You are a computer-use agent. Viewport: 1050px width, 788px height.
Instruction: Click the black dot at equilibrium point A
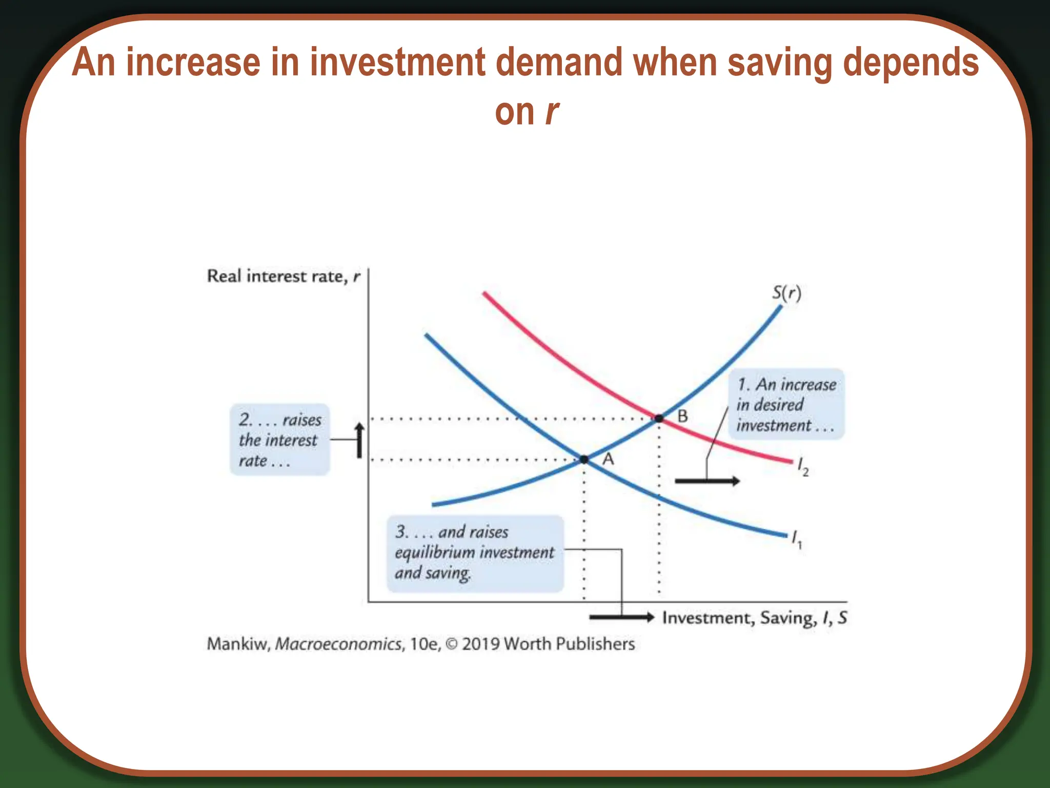coord(584,459)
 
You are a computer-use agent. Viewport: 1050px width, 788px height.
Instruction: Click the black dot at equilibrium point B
coord(659,419)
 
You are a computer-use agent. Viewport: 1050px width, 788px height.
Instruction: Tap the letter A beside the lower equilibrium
coord(608,459)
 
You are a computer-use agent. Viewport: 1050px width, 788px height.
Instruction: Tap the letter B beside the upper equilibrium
coord(682,416)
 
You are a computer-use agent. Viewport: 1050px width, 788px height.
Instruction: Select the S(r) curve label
coord(786,293)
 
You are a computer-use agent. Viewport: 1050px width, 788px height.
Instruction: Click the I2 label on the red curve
coord(802,467)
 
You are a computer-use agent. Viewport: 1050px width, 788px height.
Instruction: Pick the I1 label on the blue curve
coord(796,539)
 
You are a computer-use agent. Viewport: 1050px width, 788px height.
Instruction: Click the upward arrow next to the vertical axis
coord(359,440)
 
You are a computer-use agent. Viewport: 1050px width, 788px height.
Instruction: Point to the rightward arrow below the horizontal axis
coord(621,617)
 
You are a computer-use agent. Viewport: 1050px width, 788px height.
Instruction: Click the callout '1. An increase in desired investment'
coord(786,404)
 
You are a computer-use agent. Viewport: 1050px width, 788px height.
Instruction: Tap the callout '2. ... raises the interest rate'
coord(279,440)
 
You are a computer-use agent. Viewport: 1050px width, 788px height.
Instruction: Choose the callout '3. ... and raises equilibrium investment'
coord(475,553)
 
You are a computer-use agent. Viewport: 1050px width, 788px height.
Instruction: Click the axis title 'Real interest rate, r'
coord(284,277)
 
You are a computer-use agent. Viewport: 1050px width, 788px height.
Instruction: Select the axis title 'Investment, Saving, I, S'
coord(754,618)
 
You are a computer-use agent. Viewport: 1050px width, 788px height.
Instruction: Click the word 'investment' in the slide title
coord(397,63)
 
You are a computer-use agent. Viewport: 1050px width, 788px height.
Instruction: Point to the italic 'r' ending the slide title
coord(552,112)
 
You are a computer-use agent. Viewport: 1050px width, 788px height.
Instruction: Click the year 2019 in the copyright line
coord(481,644)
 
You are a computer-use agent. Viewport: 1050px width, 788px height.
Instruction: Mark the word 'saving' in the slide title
coord(780,63)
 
